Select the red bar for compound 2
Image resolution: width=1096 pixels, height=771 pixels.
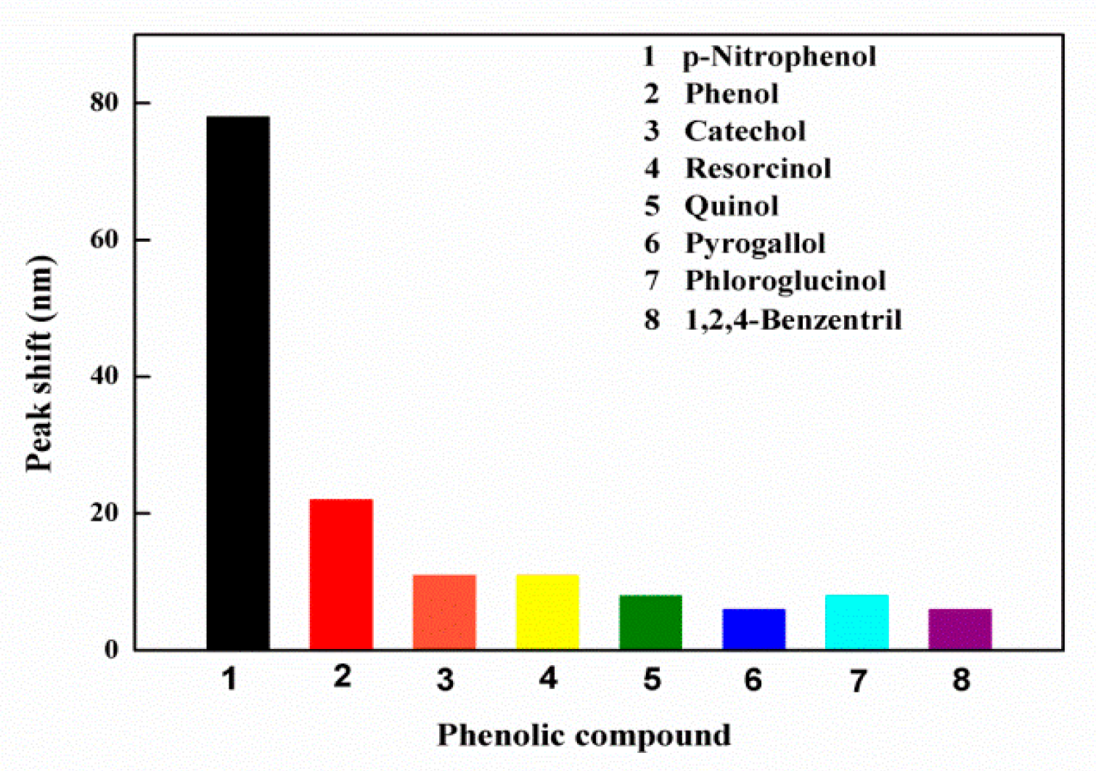click(x=341, y=574)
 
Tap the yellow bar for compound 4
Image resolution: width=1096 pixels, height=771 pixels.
click(x=547, y=612)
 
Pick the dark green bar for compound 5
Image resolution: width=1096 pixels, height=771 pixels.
click(x=650, y=622)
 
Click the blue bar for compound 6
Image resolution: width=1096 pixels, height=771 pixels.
click(x=753, y=629)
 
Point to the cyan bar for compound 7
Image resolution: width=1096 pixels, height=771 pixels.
click(x=856, y=622)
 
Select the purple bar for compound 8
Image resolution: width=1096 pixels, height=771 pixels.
click(x=960, y=629)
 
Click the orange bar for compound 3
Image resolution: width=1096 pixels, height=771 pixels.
click(x=444, y=612)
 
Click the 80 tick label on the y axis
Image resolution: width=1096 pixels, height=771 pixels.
click(x=105, y=103)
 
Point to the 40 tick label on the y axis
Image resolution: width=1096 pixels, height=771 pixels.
click(x=105, y=376)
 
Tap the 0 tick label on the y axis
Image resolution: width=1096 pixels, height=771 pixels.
click(x=111, y=649)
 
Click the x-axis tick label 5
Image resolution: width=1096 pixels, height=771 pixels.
click(x=651, y=680)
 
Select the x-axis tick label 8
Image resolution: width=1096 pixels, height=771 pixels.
click(x=960, y=680)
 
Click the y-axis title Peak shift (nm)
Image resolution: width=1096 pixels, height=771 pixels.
click(x=39, y=364)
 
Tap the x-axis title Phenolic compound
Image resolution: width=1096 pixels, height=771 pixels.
click(x=584, y=735)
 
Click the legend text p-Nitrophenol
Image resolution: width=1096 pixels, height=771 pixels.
click(x=779, y=57)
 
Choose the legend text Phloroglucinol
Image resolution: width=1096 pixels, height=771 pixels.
click(x=785, y=281)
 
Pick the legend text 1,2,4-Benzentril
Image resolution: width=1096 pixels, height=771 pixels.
click(x=793, y=319)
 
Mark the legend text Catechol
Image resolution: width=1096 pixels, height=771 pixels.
click(x=745, y=131)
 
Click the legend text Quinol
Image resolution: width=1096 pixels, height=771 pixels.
click(x=732, y=206)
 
